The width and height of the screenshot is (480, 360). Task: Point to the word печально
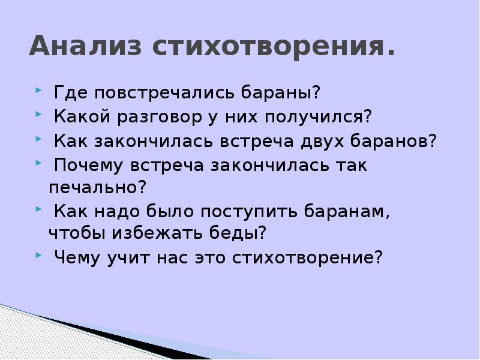click(x=98, y=187)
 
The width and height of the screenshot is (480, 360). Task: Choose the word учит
click(x=125, y=258)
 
